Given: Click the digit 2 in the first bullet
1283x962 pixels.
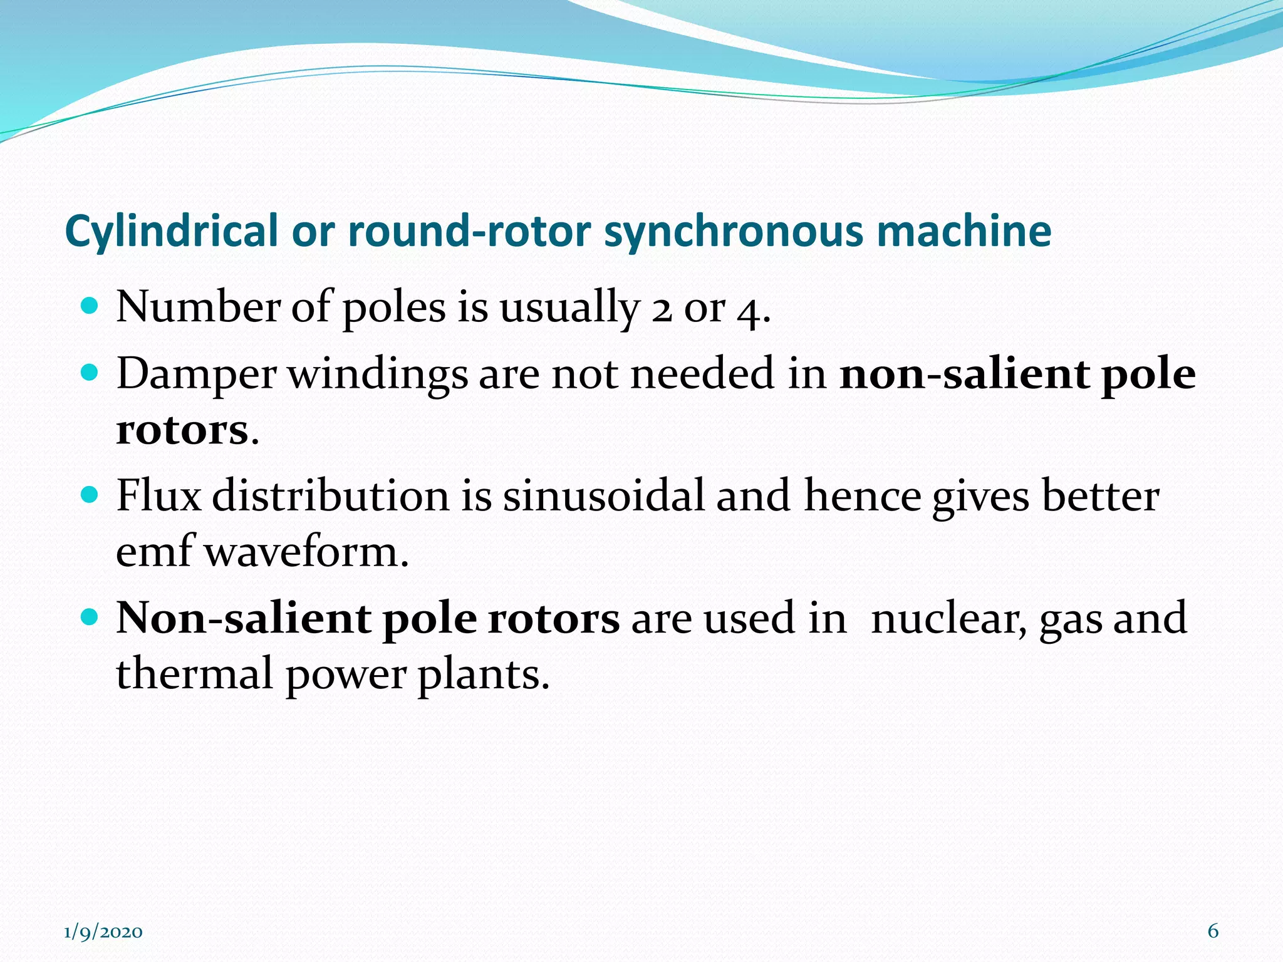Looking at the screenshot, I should (662, 310).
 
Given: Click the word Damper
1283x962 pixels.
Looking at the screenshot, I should (196, 375).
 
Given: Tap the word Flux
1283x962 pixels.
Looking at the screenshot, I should (158, 496).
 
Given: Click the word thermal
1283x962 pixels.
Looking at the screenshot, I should (194, 674).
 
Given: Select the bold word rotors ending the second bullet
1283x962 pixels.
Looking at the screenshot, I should (182, 431).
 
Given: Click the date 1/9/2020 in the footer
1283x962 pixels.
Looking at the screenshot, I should (103, 932).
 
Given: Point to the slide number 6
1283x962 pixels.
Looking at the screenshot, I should (1213, 931).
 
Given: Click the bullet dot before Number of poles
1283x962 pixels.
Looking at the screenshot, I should (90, 306).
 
